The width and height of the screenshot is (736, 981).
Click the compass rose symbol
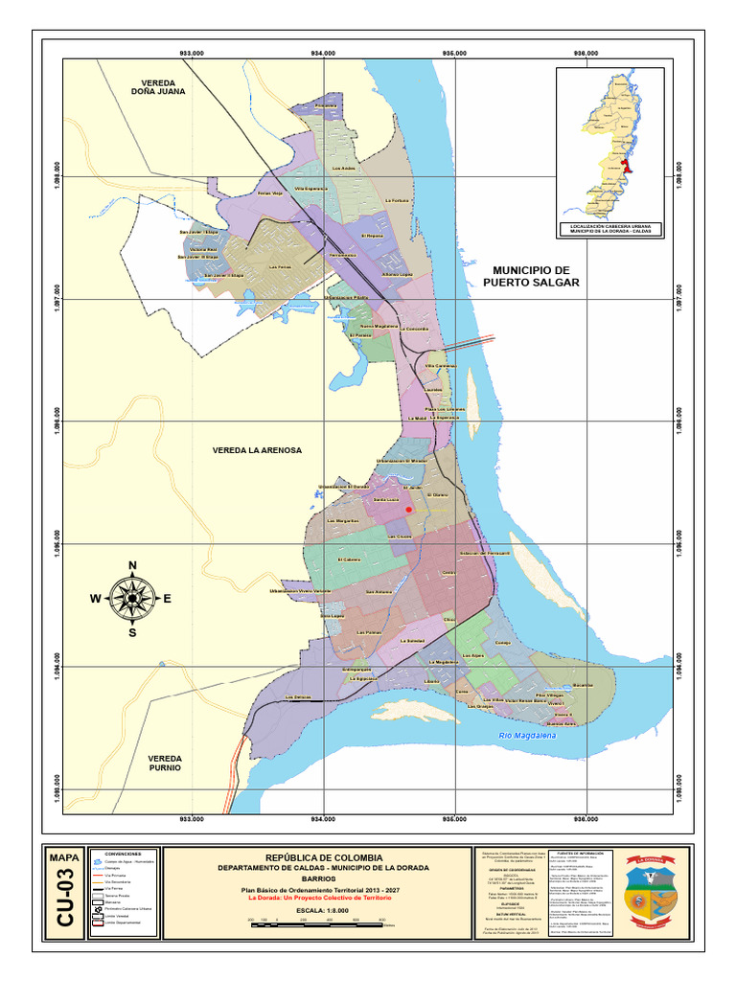point(131,598)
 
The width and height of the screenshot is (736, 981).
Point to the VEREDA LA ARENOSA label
point(257,449)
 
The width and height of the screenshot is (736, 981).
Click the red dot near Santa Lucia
point(409,511)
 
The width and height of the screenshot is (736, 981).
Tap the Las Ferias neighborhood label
point(279,267)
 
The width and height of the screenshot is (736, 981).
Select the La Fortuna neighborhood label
point(397,200)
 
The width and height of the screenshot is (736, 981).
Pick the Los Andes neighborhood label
point(342,170)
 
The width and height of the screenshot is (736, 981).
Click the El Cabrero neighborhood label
point(349,560)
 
